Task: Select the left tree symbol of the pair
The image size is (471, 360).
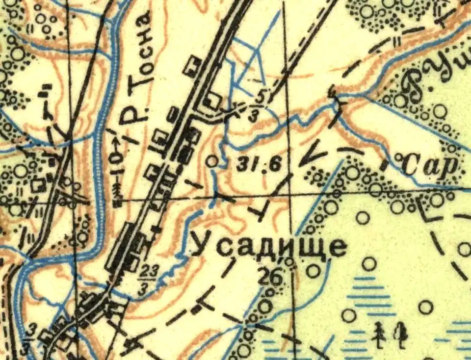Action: coord(378,334)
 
